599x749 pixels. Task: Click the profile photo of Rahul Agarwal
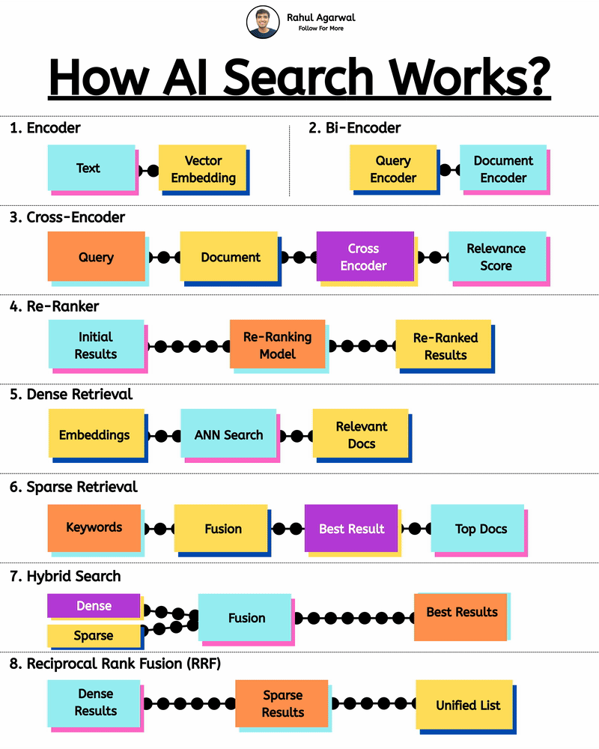[x=263, y=22]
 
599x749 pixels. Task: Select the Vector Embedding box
[x=203, y=169]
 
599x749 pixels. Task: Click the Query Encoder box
[x=393, y=169]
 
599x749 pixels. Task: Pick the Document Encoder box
[x=503, y=169]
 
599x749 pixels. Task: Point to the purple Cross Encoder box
[x=365, y=256]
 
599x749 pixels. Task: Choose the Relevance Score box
[x=496, y=256]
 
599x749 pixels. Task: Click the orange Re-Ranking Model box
[x=278, y=345]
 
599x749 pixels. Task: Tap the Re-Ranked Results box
[x=444, y=346]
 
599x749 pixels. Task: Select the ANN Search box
[x=228, y=434]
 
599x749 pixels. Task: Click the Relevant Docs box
[x=361, y=434]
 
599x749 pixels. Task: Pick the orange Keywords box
[x=94, y=527]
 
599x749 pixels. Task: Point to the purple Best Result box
[x=351, y=528]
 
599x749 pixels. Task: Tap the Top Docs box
[x=480, y=529]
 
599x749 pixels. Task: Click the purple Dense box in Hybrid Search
[x=94, y=606]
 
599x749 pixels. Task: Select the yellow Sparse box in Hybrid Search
[x=94, y=636]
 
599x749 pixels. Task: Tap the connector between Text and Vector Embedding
[x=148, y=170]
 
